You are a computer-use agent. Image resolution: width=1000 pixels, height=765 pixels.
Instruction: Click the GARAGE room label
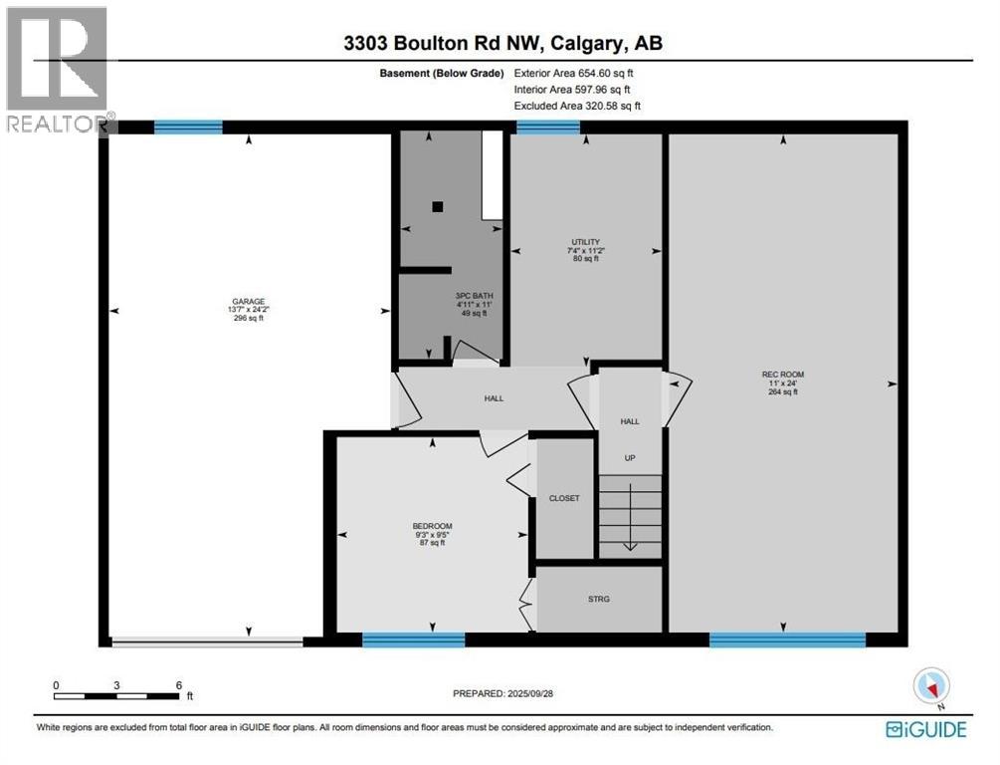pos(249,301)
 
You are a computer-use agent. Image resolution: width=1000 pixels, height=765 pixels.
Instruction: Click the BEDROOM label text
pos(433,526)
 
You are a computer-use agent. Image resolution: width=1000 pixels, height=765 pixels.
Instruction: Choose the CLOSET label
pos(564,498)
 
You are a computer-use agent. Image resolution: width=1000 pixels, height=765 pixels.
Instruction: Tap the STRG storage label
pos(598,599)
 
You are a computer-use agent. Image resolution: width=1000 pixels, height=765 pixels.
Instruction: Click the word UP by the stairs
pos(629,458)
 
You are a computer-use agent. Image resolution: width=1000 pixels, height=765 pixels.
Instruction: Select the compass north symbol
pos(933,684)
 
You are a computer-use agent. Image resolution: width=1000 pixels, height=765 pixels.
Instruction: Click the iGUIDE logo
pos(925,730)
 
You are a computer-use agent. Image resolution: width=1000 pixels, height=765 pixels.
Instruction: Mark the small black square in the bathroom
pos(437,207)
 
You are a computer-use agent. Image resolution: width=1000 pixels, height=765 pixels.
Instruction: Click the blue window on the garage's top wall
pos(188,127)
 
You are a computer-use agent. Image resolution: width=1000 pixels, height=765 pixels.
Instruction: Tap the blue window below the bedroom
pos(413,640)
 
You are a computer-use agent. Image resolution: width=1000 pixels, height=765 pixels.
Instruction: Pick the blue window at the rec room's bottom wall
pos(787,640)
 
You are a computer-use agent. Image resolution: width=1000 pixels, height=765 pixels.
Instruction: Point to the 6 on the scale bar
pos(179,685)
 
